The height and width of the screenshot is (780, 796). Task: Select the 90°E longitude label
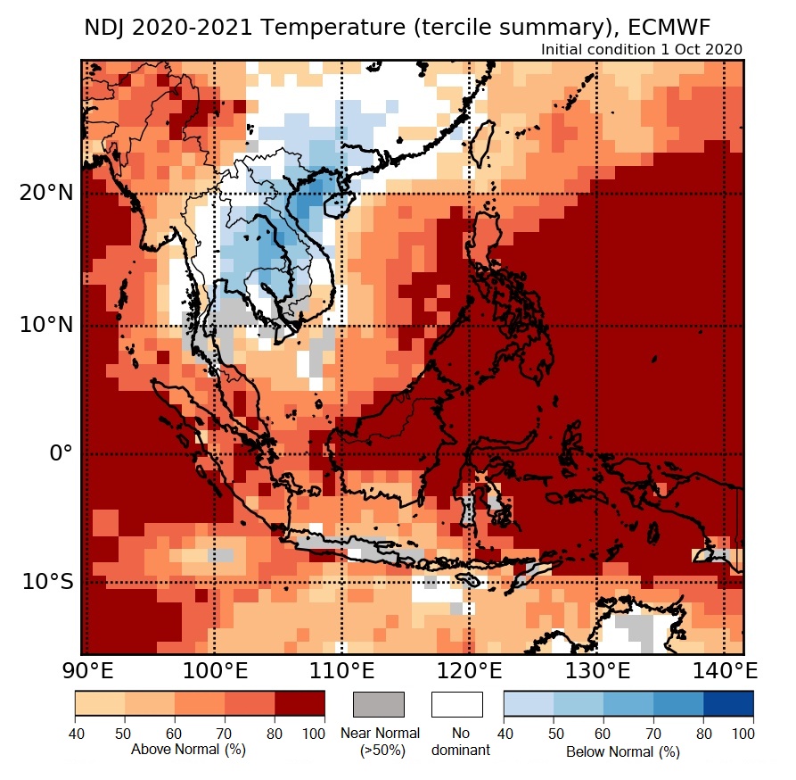coord(86,670)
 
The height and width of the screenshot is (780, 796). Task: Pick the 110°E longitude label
coord(341,670)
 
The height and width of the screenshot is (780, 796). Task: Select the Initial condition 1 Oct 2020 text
coord(642,49)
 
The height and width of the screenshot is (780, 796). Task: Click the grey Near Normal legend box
coord(379,704)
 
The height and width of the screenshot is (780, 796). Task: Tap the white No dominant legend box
coord(456,704)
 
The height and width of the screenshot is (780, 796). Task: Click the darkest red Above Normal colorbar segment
coord(300,704)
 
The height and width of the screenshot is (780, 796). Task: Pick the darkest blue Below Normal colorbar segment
coord(728,704)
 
